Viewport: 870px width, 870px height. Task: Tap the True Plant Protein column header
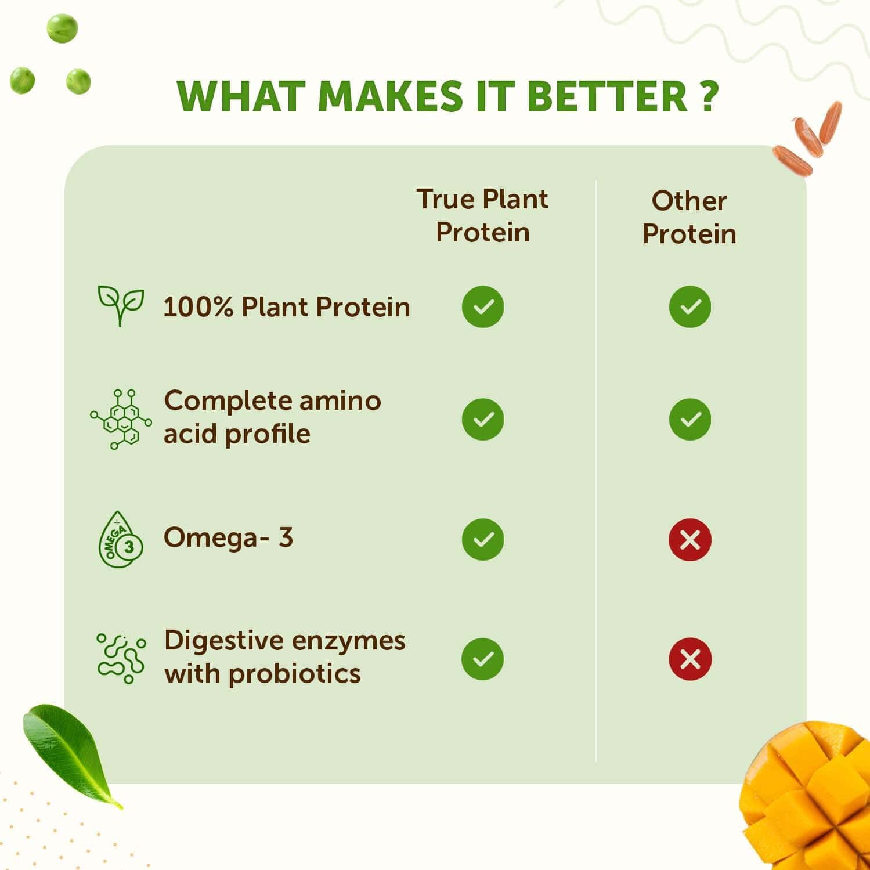click(x=482, y=215)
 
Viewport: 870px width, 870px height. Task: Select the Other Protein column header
click(x=689, y=217)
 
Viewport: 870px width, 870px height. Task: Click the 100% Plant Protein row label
click(x=287, y=307)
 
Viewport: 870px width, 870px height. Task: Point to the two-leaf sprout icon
click(x=120, y=305)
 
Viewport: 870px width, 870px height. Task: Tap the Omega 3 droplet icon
click(x=120, y=540)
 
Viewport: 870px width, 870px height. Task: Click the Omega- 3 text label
click(x=228, y=537)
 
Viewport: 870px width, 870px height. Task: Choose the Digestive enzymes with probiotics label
click(x=284, y=657)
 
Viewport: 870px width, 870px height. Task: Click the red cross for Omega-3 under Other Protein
click(x=689, y=540)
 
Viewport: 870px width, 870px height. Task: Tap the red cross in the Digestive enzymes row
click(x=689, y=659)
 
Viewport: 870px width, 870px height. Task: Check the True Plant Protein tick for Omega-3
click(x=482, y=540)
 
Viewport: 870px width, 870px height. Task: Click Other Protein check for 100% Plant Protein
click(x=689, y=306)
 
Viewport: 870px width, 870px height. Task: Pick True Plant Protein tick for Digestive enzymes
click(x=482, y=659)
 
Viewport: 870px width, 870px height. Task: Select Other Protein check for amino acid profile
click(x=689, y=419)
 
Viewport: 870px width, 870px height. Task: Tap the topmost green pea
click(x=62, y=28)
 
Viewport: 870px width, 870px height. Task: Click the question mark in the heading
click(x=707, y=96)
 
